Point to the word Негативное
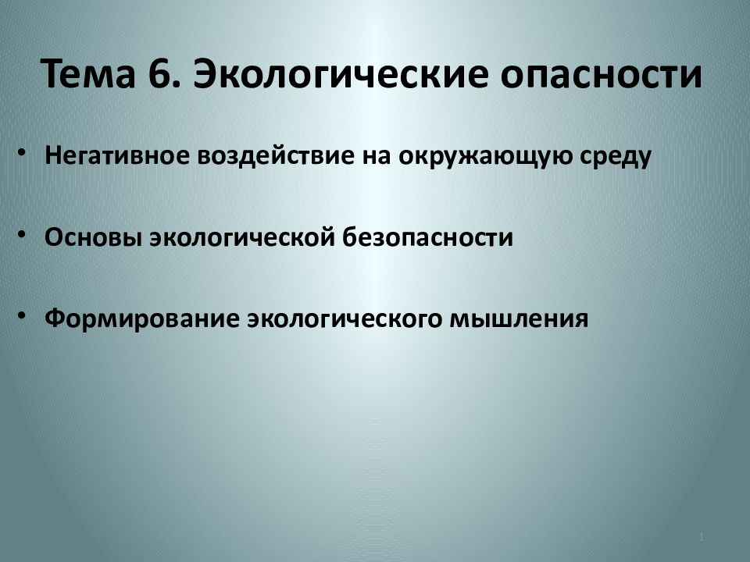[115, 156]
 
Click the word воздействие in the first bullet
[271, 156]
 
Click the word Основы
[91, 237]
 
